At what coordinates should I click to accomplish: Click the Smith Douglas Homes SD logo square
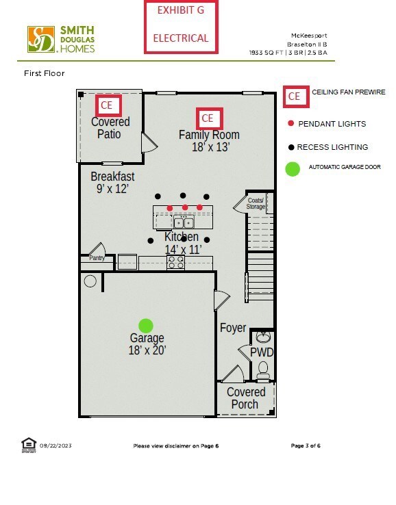[x=41, y=39]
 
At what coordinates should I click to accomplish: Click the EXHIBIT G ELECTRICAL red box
[x=181, y=27]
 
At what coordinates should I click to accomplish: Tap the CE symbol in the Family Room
[x=210, y=118]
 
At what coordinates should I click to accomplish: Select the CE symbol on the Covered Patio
[x=109, y=105]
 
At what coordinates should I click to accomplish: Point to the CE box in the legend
[x=297, y=96]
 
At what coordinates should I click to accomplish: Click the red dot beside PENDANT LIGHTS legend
[x=291, y=123]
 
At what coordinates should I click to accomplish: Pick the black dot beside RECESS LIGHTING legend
[x=291, y=147]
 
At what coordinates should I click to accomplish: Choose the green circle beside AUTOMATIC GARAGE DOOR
[x=293, y=169]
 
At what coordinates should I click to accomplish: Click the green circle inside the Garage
[x=146, y=326]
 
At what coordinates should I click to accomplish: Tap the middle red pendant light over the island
[x=185, y=207]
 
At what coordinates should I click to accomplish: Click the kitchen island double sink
[x=184, y=222]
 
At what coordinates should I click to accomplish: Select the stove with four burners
[x=176, y=262]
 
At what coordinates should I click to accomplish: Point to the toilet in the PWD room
[x=264, y=370]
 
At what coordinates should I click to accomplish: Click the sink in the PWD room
[x=264, y=337]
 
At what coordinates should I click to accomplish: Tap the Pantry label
[x=97, y=258]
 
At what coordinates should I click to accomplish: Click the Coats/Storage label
[x=256, y=203]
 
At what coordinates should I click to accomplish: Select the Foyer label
[x=233, y=328]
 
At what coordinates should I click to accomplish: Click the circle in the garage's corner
[x=90, y=281]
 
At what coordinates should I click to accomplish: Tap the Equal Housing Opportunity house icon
[x=29, y=445]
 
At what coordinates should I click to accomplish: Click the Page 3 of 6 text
[x=306, y=445]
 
